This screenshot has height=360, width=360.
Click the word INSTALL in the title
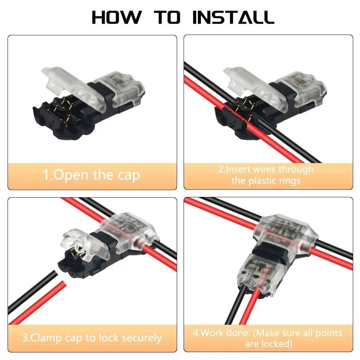(x=233, y=17)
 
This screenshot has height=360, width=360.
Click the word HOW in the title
(x=116, y=17)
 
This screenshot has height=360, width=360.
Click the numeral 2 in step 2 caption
(x=221, y=169)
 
